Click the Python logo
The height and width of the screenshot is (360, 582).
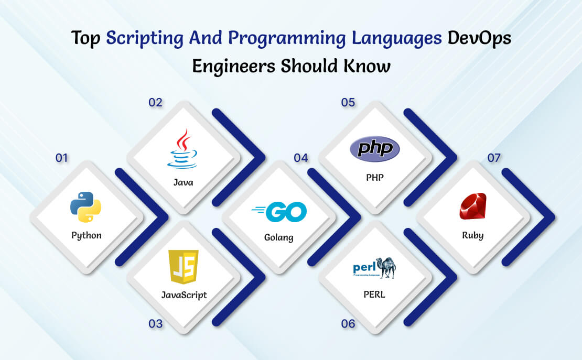86,207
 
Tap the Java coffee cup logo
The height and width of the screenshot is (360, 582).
182,149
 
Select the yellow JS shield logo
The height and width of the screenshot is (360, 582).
184,267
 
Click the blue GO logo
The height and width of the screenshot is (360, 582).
279,212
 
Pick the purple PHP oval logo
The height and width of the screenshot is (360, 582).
375,149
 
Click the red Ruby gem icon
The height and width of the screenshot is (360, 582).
473,206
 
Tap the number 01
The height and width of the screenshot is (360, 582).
62,158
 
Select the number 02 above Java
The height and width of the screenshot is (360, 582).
156,102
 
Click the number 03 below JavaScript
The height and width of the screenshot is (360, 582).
156,324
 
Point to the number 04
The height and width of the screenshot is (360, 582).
300,158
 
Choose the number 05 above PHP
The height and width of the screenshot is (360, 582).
348,102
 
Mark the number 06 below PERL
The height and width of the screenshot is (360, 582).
348,324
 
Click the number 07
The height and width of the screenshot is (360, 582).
494,158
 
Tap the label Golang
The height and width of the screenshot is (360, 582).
279,237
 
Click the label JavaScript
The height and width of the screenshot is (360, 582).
184,295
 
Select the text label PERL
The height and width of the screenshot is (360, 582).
374,294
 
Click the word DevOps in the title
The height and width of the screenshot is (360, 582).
479,38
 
